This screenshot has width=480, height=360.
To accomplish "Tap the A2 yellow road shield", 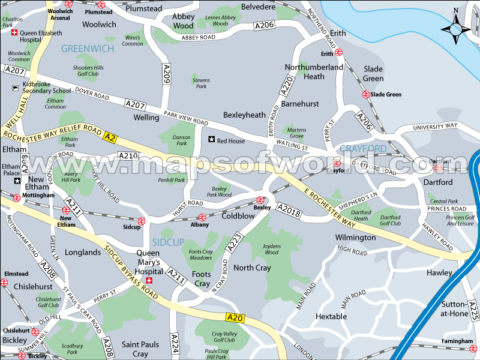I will click(109, 136).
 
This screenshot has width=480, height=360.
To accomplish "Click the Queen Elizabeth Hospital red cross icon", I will click(14, 34).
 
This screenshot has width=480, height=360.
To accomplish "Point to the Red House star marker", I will click(211, 140).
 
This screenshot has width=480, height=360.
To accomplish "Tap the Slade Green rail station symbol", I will click(365, 94).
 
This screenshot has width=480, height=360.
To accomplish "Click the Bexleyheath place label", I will click(244, 115).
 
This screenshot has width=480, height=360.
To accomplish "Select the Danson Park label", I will click(182, 140).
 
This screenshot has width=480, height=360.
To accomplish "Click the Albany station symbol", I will click(202, 217).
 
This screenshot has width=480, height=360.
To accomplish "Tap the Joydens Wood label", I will click(271, 248).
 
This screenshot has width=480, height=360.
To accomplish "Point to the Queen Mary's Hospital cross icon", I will click(151, 280).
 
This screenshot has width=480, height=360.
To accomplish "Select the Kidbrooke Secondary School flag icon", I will click(15, 88).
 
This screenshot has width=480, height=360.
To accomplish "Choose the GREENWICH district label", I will click(87, 49).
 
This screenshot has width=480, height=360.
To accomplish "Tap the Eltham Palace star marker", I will click(17, 180).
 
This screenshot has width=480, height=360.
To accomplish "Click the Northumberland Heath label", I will click(314, 71).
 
